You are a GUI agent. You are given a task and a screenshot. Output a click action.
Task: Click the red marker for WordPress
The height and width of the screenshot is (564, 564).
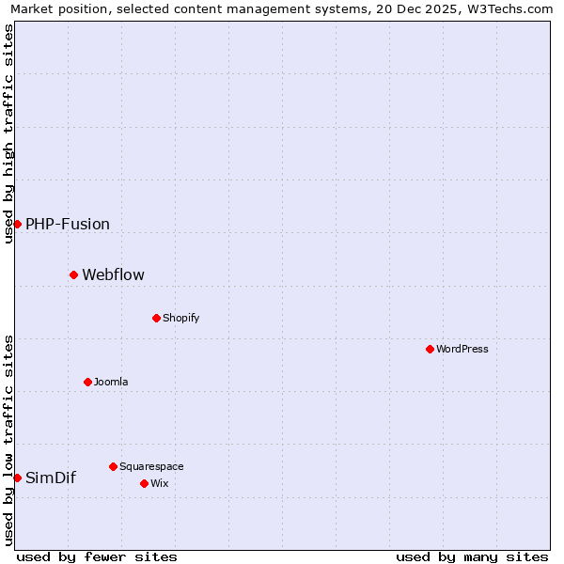click(x=430, y=349)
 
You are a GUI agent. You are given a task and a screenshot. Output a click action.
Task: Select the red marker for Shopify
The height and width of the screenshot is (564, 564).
click(x=156, y=318)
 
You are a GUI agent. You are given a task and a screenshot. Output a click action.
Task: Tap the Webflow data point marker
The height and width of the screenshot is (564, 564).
click(x=73, y=274)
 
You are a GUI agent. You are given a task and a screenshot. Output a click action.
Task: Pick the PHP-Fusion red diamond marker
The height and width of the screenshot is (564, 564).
click(x=17, y=224)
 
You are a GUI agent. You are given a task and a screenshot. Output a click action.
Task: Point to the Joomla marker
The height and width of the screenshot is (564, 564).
click(x=87, y=382)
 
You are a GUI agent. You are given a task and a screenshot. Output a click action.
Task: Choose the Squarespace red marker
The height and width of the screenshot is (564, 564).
click(x=113, y=466)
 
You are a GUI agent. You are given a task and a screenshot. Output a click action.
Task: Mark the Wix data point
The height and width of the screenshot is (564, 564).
click(x=144, y=483)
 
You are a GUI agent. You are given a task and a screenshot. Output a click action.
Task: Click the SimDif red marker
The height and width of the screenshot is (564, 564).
click(x=17, y=478)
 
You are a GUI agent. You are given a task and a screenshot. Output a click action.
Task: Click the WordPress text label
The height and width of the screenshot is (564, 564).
click(x=462, y=349)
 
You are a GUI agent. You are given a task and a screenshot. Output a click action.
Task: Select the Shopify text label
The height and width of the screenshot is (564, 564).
click(x=181, y=318)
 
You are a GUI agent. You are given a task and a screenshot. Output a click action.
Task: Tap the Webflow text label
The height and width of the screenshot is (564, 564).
click(x=114, y=274)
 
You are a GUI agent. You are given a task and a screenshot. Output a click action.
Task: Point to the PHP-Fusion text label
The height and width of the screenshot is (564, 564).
click(x=68, y=224)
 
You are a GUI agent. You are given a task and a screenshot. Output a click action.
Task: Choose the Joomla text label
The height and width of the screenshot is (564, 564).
click(x=111, y=382)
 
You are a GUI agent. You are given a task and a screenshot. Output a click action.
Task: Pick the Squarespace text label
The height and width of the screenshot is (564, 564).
click(x=151, y=466)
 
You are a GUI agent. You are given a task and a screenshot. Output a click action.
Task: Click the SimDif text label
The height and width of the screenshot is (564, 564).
click(x=51, y=478)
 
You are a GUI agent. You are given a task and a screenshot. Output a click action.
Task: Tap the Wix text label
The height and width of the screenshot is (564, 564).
click(x=160, y=483)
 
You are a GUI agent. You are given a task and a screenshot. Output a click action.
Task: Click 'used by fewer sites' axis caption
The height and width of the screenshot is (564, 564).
click(x=97, y=556)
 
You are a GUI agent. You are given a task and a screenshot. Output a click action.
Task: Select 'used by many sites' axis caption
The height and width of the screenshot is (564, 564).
click(x=472, y=556)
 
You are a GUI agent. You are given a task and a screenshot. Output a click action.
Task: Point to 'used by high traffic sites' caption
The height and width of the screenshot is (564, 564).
click(x=8, y=133)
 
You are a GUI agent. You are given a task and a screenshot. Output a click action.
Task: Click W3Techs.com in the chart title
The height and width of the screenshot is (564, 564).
click(x=508, y=8)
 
